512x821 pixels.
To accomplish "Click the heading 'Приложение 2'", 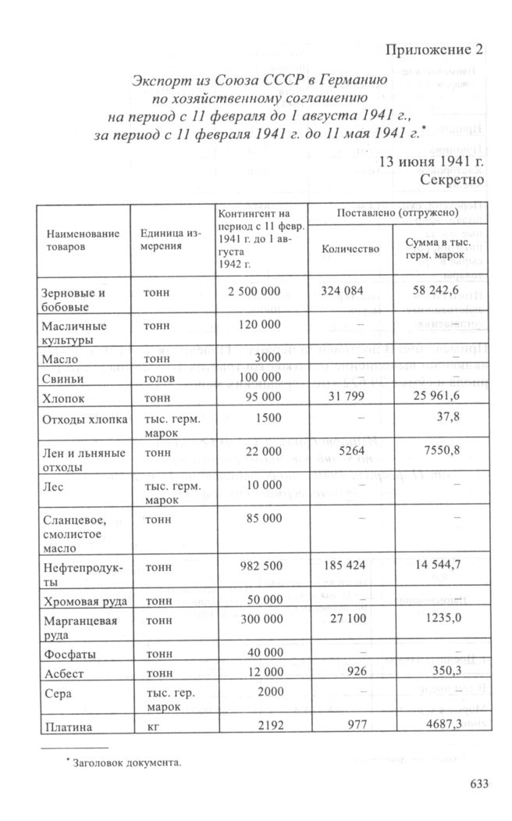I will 435,50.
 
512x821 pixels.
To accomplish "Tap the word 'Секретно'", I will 452,179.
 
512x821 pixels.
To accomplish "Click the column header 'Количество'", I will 350,249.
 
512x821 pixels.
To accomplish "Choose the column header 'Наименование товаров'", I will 83,239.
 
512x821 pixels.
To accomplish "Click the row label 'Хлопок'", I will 62,398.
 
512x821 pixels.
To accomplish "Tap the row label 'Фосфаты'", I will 66,651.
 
